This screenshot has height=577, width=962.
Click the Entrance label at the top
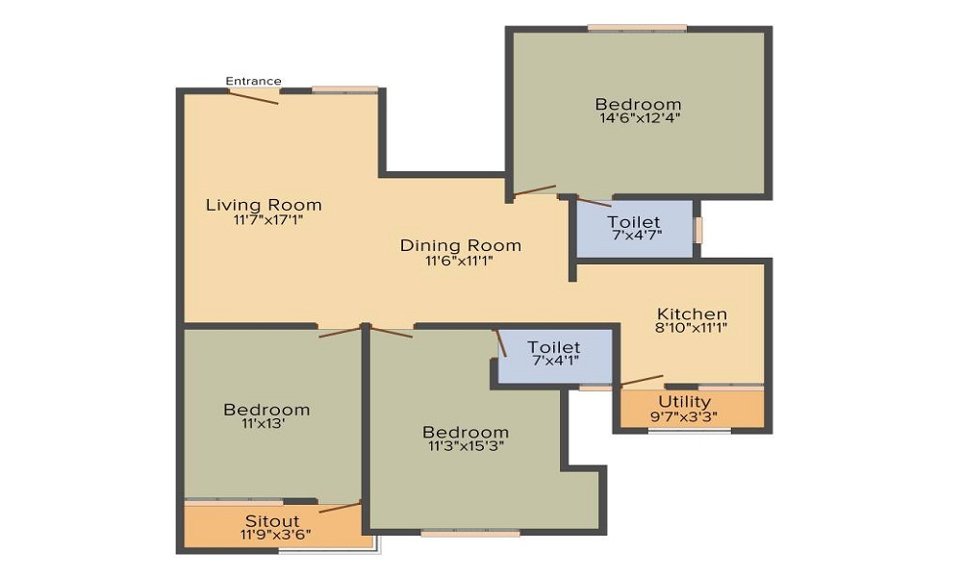click(x=253, y=81)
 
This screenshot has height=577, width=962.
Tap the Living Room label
click(x=264, y=205)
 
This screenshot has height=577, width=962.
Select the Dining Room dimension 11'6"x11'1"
click(x=460, y=262)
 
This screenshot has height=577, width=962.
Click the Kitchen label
click(x=692, y=314)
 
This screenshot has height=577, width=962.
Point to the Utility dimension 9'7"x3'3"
click(x=684, y=416)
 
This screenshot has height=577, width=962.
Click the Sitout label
click(x=272, y=521)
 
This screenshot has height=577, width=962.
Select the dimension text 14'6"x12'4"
click(x=640, y=117)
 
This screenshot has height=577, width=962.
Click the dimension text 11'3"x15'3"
click(x=467, y=446)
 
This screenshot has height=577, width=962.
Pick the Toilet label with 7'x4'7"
click(x=634, y=221)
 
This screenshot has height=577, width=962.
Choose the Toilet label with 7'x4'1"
click(x=554, y=347)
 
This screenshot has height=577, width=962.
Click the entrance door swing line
click(x=254, y=97)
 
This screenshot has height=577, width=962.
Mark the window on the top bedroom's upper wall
click(x=637, y=28)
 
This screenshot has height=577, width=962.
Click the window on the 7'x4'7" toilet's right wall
click(x=698, y=229)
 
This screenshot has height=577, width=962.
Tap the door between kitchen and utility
click(x=642, y=381)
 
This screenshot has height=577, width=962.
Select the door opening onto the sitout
click(x=340, y=507)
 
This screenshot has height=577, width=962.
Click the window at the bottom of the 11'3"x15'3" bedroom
click(x=470, y=533)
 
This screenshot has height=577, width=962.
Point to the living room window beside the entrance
click(x=344, y=90)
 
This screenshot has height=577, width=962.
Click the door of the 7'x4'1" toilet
click(x=500, y=342)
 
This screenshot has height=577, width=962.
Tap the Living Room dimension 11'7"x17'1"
click(x=268, y=219)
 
